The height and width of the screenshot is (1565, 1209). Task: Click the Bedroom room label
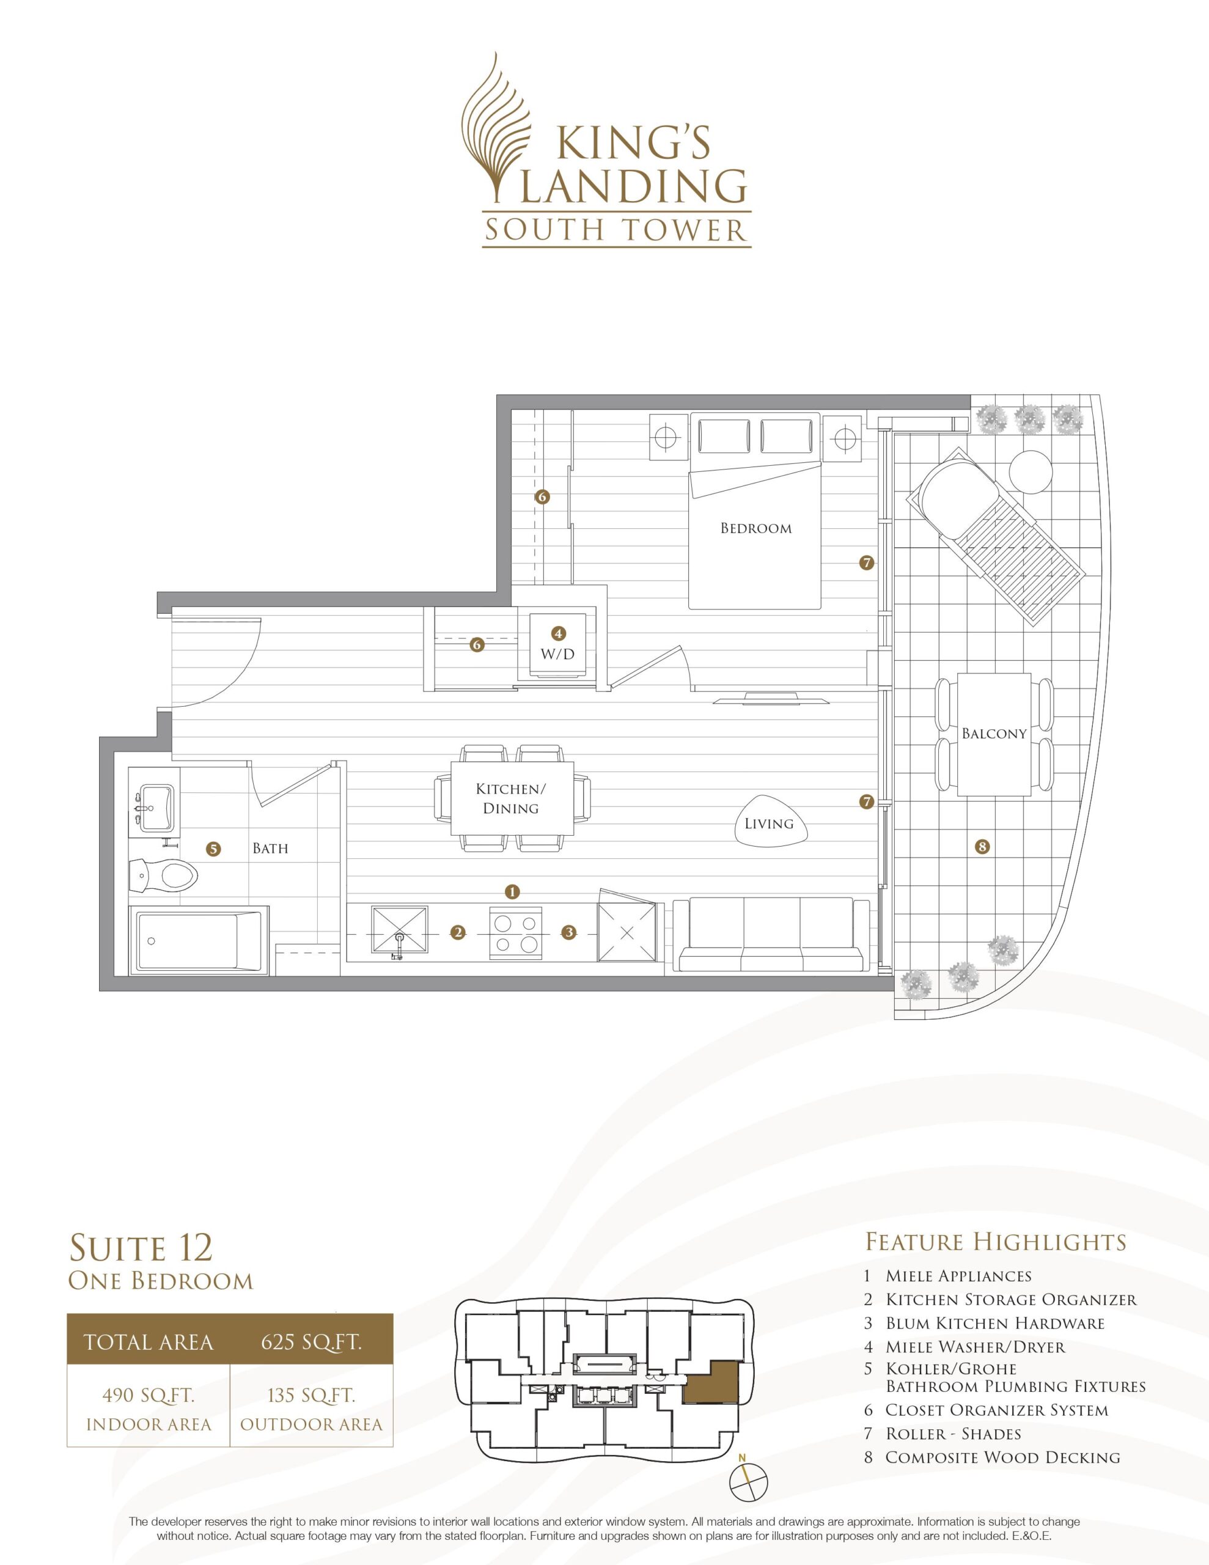click(755, 528)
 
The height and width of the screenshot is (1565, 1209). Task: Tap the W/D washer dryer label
click(558, 654)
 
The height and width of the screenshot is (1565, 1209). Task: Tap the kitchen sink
click(399, 932)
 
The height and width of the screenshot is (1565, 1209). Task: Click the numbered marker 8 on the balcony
click(982, 846)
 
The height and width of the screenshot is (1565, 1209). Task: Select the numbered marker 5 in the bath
click(213, 849)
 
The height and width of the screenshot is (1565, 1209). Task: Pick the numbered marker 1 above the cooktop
click(512, 891)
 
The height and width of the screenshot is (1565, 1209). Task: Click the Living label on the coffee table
click(769, 823)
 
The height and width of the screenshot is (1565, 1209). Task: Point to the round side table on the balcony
click(1031, 470)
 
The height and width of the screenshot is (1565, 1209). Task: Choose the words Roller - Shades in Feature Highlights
click(953, 1434)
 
